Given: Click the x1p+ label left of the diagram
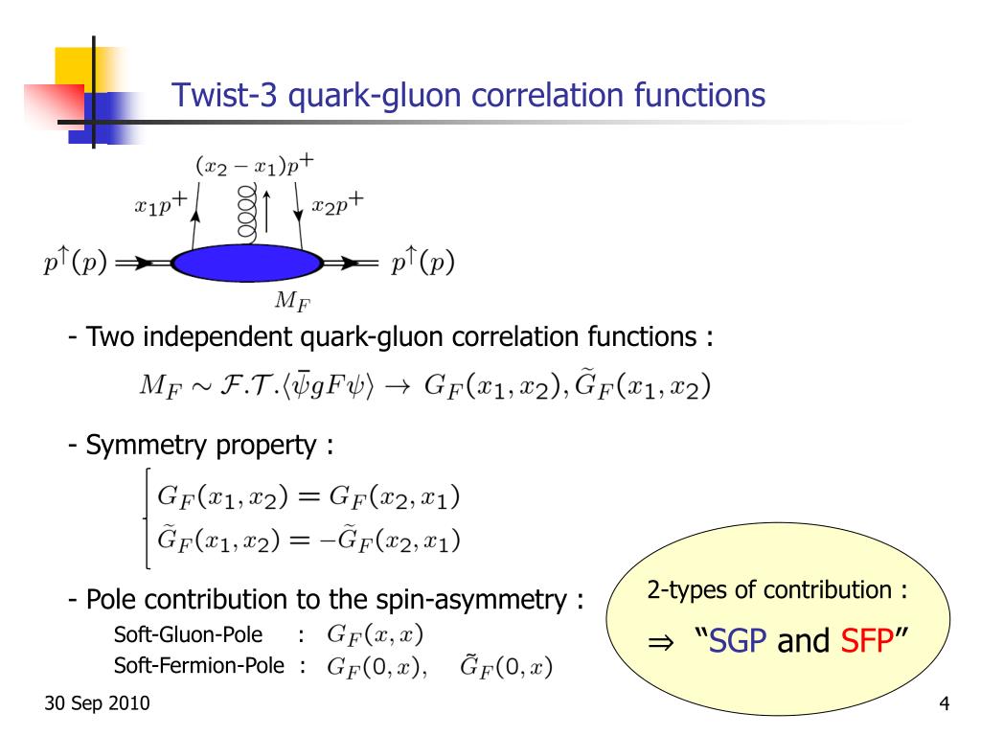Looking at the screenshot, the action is tap(160, 206).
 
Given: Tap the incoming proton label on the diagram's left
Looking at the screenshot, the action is tap(74, 264).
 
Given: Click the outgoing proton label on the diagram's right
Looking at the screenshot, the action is tap(422, 264).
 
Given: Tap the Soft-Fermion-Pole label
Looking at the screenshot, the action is tap(199, 665).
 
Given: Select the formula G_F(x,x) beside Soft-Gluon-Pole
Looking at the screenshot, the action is tap(375, 634).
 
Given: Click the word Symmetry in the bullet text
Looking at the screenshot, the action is tap(134, 446).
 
